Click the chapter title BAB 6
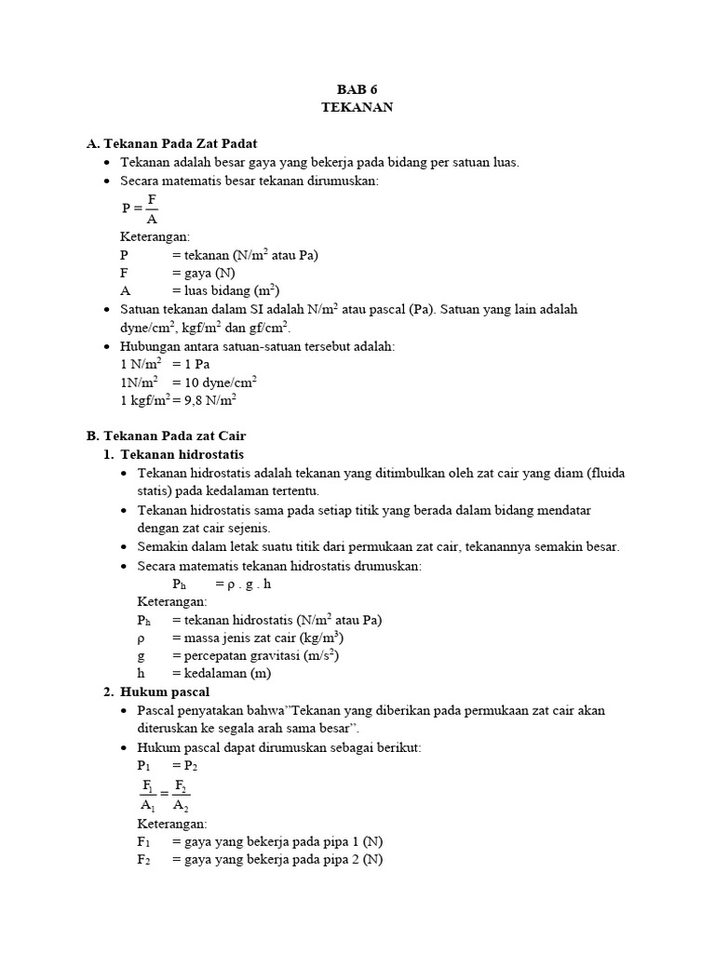point(357,89)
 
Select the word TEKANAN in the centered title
point(357,107)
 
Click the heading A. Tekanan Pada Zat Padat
point(171,143)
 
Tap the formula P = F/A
point(141,208)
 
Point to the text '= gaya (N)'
point(203,273)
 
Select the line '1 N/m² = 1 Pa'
point(165,364)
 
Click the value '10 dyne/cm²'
point(220,382)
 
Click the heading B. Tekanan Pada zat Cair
point(166,436)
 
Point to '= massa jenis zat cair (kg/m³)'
point(257,638)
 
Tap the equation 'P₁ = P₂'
point(168,765)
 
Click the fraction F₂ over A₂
point(181,795)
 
